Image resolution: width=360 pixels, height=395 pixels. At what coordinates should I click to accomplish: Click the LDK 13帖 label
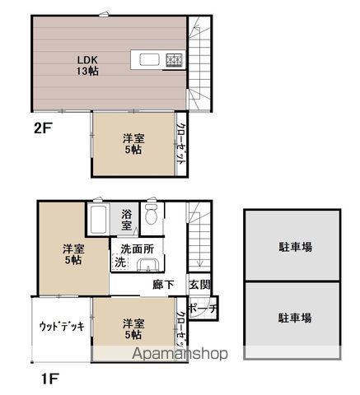tap(87, 65)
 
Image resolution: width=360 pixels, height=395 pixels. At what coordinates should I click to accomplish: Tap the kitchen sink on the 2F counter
tap(149, 59)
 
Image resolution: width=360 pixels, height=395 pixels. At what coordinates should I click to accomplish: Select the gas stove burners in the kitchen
tap(174, 60)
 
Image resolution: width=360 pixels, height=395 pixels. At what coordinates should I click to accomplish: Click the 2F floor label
tap(43, 128)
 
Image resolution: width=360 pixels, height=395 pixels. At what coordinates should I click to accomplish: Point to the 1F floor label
tap(49, 379)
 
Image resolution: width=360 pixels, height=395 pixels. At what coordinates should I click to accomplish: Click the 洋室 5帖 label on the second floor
tap(133, 144)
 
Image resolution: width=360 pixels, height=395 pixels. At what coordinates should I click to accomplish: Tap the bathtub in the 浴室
tap(98, 220)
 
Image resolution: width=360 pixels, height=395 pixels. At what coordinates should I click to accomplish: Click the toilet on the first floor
tap(151, 214)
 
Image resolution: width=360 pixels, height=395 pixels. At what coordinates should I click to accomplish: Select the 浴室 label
tap(127, 220)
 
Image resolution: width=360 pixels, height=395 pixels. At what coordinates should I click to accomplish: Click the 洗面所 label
tap(138, 249)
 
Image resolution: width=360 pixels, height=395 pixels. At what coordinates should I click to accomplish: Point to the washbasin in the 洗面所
tap(148, 265)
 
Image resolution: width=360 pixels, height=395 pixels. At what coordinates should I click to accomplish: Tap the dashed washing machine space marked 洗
tap(120, 263)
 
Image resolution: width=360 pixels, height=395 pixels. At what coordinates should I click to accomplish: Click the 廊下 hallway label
tap(164, 285)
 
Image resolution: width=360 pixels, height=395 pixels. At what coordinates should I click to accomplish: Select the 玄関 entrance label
tap(199, 285)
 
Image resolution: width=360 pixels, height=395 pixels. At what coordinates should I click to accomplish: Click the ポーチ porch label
tap(203, 309)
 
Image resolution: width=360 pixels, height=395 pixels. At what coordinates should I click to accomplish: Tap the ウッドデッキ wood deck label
tap(62, 327)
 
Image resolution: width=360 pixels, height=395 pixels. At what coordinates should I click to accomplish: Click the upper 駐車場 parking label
tap(296, 247)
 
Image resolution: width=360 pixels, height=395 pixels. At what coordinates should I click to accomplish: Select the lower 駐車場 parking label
tap(295, 318)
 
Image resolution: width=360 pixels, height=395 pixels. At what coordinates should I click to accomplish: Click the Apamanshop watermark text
tap(180, 354)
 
